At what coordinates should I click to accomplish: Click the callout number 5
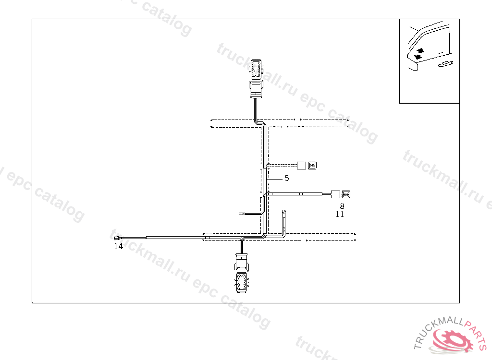287,179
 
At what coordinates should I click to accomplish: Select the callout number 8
342,206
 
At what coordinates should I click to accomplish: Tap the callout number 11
340,215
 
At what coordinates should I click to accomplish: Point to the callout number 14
118,247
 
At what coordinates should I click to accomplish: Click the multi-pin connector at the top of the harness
256,69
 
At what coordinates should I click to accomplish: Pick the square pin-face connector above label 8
346,195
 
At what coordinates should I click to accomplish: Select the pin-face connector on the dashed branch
312,166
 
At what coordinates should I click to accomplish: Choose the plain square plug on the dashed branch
301,166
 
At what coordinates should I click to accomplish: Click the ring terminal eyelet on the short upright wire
284,212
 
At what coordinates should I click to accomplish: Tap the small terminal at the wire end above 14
116,238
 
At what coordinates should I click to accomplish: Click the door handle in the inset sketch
445,64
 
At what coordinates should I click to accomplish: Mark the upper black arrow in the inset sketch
421,50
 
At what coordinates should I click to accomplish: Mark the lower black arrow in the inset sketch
417,57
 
